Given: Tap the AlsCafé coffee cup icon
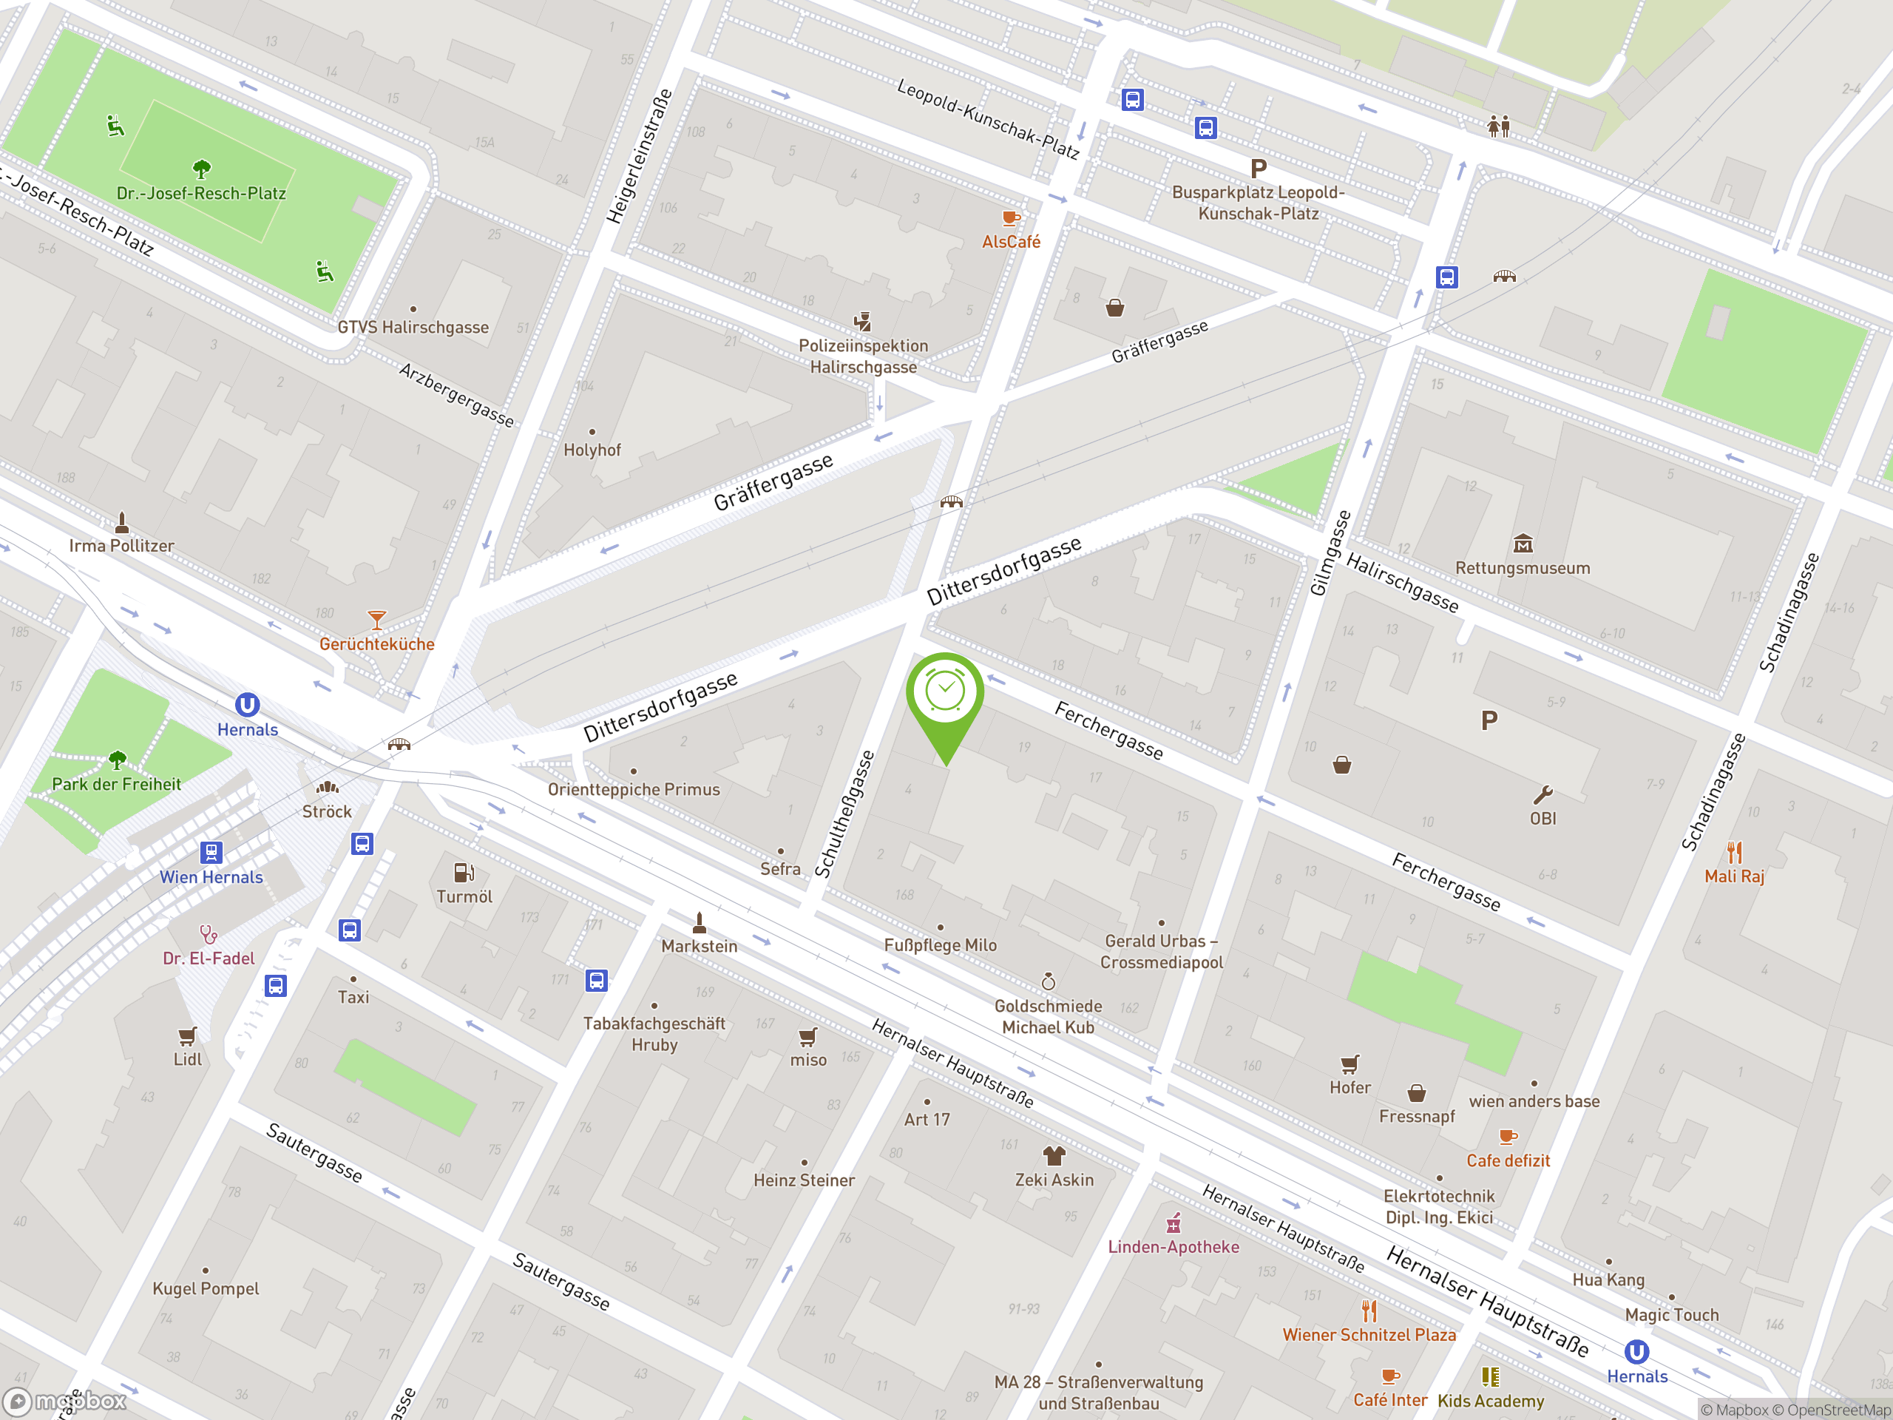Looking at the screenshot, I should (x=1011, y=218).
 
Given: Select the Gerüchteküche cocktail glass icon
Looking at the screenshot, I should (x=376, y=619).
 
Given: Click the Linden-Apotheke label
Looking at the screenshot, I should (x=1174, y=1247).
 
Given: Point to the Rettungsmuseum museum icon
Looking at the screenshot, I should (x=1523, y=544).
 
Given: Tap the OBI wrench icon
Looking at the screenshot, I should (x=1542, y=795).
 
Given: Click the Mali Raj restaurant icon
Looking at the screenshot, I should (x=1734, y=853).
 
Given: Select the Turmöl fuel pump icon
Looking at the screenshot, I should (x=464, y=873).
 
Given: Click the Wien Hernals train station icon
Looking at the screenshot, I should (x=211, y=853).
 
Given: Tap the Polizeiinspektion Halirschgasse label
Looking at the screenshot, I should (x=863, y=356).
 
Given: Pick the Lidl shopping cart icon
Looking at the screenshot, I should (x=187, y=1037).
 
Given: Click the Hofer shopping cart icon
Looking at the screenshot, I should (x=1350, y=1064).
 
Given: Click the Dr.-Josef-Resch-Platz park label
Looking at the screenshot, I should (x=201, y=194).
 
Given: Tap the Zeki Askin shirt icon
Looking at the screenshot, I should (x=1054, y=1155).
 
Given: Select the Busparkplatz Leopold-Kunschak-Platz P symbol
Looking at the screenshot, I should (x=1258, y=169).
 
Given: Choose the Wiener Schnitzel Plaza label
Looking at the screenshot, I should (x=1369, y=1334).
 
